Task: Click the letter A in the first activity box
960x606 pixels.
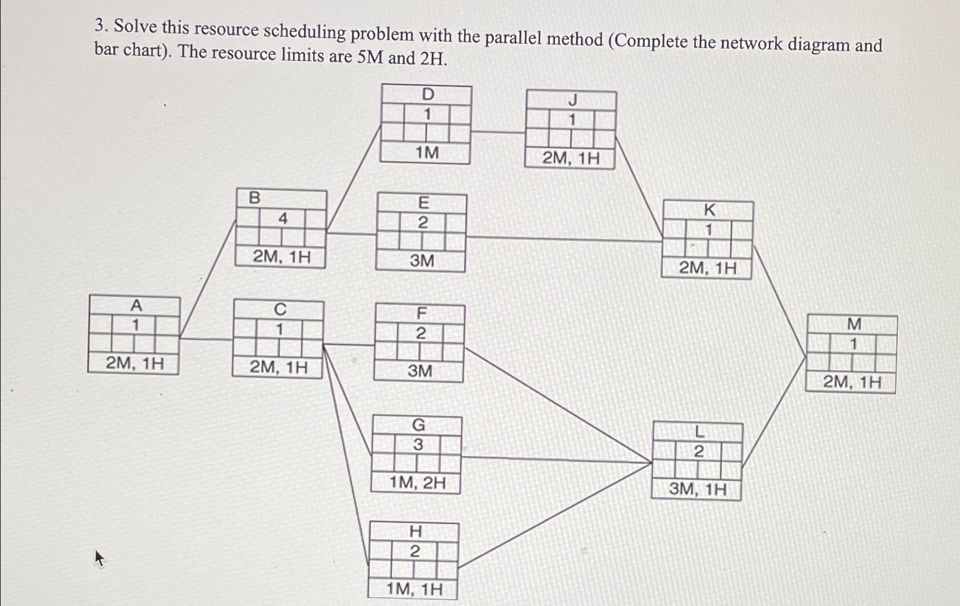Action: [136, 306]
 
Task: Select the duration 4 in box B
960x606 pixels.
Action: [282, 218]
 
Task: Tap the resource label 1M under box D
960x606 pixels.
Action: [427, 153]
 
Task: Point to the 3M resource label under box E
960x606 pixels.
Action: [422, 261]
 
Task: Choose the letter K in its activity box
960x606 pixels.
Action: [709, 211]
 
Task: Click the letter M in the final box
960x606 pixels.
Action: [854, 324]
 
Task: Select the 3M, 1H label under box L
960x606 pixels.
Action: [698, 489]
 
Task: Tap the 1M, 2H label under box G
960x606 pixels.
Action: [417, 483]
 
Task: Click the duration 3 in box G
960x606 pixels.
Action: [418, 445]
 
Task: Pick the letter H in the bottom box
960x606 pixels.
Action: [416, 531]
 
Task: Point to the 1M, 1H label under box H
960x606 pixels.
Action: [414, 589]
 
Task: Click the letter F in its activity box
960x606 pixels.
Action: [422, 313]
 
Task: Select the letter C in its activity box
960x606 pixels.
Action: [280, 309]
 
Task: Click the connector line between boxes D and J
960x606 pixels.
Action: [498, 132]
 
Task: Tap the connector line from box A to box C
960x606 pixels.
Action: [206, 339]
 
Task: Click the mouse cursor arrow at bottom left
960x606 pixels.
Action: [99, 557]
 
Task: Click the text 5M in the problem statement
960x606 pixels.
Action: [371, 57]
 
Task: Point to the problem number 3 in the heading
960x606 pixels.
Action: [100, 26]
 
